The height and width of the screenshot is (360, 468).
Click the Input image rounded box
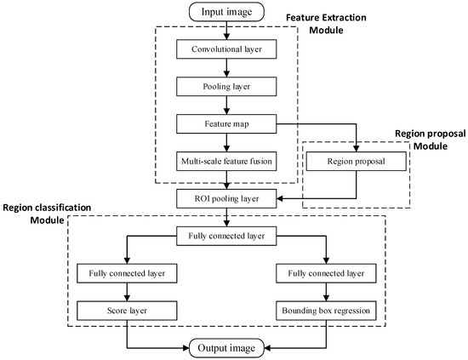(x=227, y=12)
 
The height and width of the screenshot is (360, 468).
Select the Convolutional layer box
(x=227, y=50)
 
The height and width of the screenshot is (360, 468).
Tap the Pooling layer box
(x=227, y=87)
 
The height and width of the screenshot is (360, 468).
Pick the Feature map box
(x=227, y=124)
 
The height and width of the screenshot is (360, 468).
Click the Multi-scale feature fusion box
(x=227, y=161)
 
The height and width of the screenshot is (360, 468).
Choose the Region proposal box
(x=356, y=161)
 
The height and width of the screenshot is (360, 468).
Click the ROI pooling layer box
(x=227, y=199)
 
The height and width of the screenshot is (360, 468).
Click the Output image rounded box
(x=227, y=347)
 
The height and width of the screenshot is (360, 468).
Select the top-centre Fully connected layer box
(x=227, y=236)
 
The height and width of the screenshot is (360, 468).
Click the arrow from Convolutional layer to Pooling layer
(x=227, y=69)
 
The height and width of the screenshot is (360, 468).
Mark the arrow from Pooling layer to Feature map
(x=227, y=106)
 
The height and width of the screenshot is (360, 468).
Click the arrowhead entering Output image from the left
(x=186, y=347)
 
